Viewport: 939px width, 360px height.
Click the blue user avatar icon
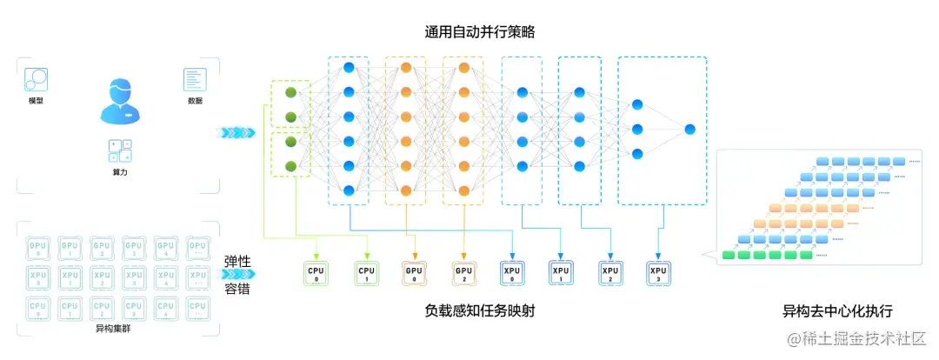pyautogui.click(x=119, y=101)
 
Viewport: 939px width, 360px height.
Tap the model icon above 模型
pyautogui.click(x=36, y=81)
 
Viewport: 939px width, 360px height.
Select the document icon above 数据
pyautogui.click(x=195, y=80)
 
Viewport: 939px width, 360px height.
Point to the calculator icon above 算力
pyautogui.click(x=120, y=150)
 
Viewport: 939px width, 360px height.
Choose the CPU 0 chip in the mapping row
pyautogui.click(x=316, y=273)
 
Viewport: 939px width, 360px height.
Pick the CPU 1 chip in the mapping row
pyautogui.click(x=366, y=273)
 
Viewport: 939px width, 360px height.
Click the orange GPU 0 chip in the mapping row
pyautogui.click(x=415, y=273)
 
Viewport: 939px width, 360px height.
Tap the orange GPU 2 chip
pyautogui.click(x=464, y=273)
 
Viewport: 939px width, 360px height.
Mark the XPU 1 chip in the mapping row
pyautogui.click(x=561, y=273)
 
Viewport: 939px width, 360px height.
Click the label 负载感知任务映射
pyautogui.click(x=479, y=310)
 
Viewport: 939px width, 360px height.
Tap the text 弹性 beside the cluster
pyautogui.click(x=237, y=262)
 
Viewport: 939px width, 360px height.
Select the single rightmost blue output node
pyautogui.click(x=689, y=130)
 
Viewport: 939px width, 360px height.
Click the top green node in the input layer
pyautogui.click(x=291, y=92)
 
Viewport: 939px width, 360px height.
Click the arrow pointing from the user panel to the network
pyautogui.click(x=237, y=132)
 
